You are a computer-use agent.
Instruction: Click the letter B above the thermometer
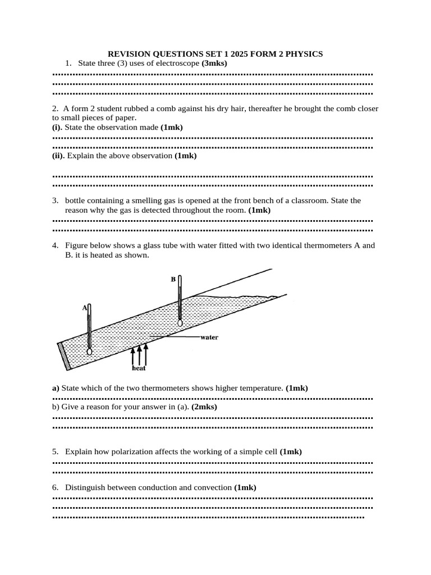coord(173,279)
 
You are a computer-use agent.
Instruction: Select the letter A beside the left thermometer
coord(85,307)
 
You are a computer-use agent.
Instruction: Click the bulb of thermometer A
coord(89,352)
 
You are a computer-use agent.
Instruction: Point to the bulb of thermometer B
coord(180,322)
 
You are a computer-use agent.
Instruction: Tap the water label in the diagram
coord(209,337)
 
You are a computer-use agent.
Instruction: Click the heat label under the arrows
coord(139,368)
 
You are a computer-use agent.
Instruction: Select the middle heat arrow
coord(139,354)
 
